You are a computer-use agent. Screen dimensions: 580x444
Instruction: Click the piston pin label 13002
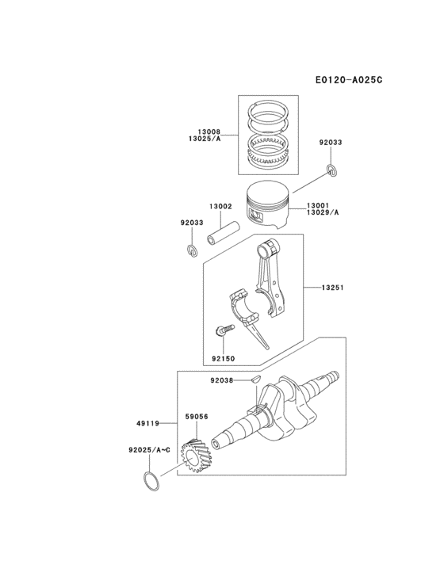click(220, 207)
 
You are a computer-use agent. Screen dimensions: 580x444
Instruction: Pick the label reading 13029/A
click(323, 213)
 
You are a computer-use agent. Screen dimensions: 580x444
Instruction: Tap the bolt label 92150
click(224, 358)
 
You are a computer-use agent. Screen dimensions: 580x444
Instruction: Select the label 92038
click(223, 381)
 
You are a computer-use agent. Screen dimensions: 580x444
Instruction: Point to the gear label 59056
click(197, 414)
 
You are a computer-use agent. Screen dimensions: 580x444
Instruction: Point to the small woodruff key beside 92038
click(255, 380)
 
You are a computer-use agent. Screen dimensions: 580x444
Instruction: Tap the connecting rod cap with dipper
click(251, 313)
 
